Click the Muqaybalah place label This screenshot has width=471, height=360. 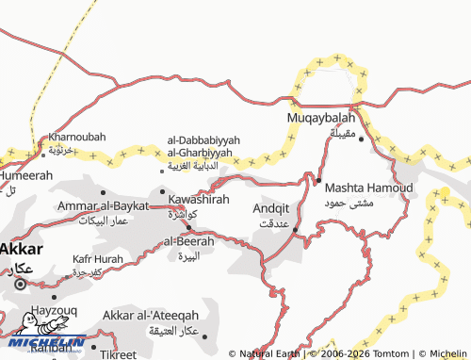(320, 118)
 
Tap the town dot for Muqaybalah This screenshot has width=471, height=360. (361, 139)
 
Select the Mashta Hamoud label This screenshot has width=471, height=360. (368, 188)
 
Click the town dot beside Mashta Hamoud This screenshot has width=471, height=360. (318, 180)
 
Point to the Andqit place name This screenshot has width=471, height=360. (272, 207)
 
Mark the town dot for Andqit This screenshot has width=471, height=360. (295, 229)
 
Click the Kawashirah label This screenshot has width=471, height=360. (199, 200)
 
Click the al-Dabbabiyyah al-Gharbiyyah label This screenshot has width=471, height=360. (203, 146)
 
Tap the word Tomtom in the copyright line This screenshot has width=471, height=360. (390, 353)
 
